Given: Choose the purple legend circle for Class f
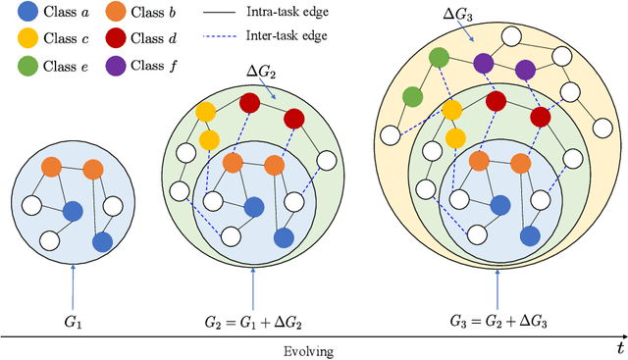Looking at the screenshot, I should click(x=114, y=67).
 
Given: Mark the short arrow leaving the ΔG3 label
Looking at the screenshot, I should click(x=471, y=33).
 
